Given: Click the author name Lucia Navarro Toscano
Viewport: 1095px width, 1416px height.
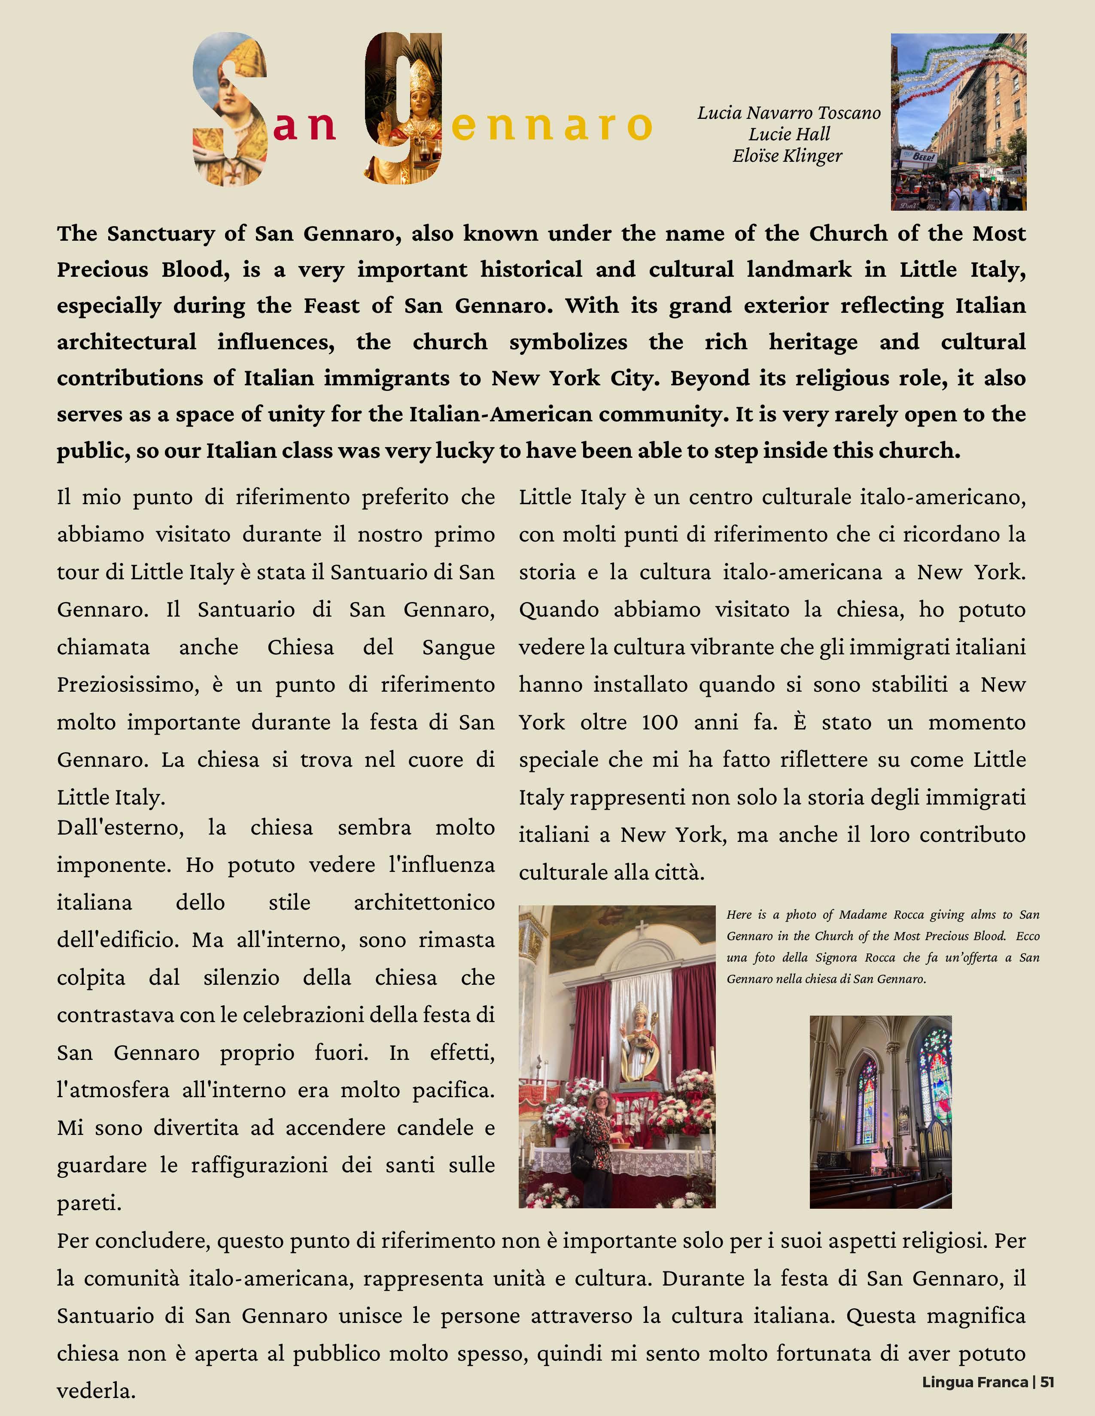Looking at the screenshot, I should point(789,113).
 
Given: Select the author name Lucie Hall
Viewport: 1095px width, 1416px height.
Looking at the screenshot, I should point(789,135).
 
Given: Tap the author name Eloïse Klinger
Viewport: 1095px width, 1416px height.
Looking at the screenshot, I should point(788,156).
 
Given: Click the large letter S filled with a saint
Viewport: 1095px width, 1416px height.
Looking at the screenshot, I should point(230,109).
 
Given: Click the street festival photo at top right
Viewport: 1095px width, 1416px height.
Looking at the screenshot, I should point(958,122).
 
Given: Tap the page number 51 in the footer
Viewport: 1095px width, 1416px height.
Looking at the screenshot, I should point(1047,1382).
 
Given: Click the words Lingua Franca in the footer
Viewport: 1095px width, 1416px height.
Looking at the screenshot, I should point(974,1382).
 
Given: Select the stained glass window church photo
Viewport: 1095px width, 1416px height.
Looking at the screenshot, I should point(880,1111).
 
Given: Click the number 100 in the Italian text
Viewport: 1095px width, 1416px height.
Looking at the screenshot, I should point(659,722).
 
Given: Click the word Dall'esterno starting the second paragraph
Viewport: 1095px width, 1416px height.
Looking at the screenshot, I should point(120,828).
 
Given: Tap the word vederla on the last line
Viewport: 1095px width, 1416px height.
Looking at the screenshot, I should point(96,1391).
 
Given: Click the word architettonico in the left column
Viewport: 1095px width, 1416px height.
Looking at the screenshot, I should point(424,902).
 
